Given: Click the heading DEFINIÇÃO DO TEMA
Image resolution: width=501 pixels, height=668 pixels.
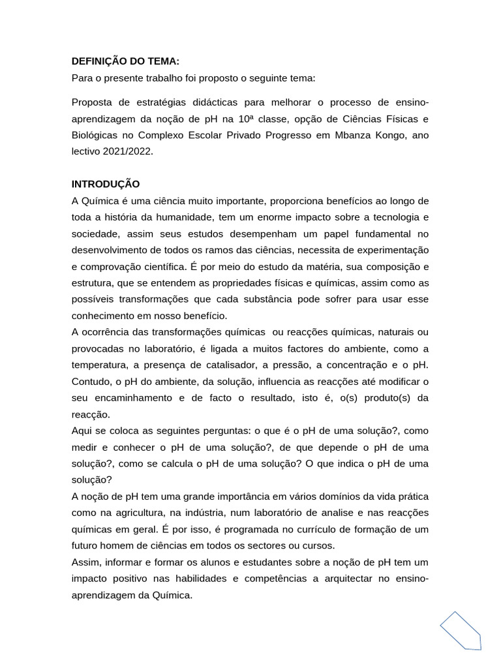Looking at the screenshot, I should [x=125, y=61].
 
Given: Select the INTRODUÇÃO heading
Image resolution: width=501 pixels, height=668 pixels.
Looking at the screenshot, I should [x=106, y=184].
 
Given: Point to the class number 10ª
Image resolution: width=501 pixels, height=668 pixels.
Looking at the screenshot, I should [x=245, y=119].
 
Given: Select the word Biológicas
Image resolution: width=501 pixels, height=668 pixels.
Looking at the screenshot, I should [x=95, y=135].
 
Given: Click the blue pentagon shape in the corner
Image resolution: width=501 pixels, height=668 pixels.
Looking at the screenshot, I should [x=461, y=630].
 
